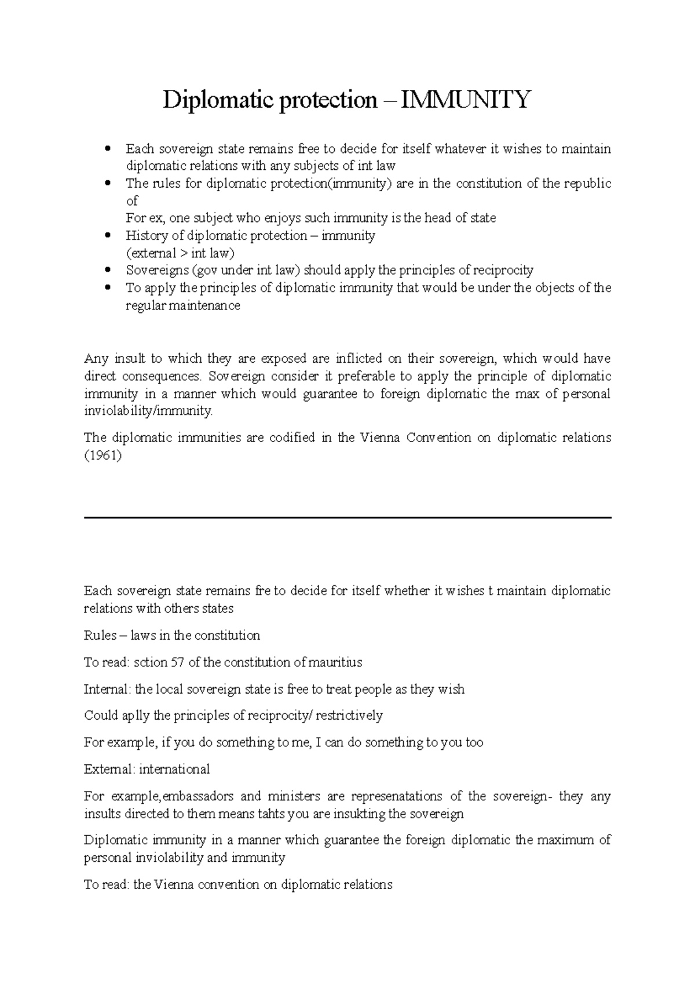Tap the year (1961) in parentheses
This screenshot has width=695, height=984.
coord(103,455)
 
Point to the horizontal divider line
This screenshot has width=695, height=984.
coord(348,517)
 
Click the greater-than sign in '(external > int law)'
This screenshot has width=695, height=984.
coord(185,253)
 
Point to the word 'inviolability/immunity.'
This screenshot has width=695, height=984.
coord(149,411)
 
